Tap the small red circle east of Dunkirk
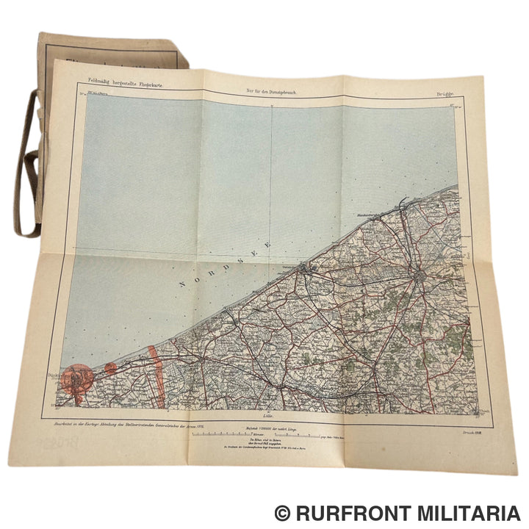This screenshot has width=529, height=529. point(109,367)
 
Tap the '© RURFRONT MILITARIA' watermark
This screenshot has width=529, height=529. point(396,512)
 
